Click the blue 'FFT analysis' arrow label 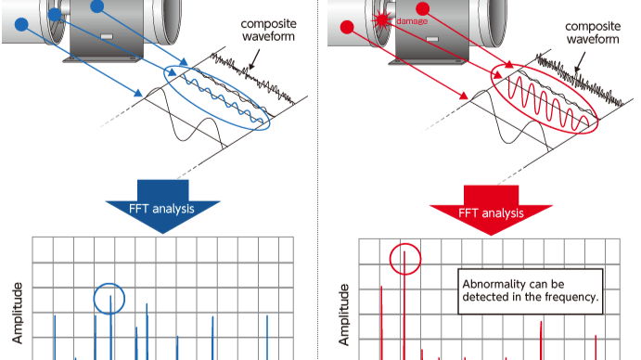pyautogui.click(x=161, y=209)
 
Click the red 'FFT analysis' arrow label pyautogui.click(x=491, y=212)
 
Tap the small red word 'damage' pyautogui.click(x=412, y=21)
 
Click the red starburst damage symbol pyautogui.click(x=382, y=20)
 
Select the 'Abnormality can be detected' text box pyautogui.click(x=531, y=291)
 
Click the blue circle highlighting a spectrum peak pyautogui.click(x=109, y=284)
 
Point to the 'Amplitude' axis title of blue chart pyautogui.click(x=18, y=313)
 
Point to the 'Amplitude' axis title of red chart pyautogui.click(x=344, y=315)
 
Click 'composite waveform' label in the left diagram pyautogui.click(x=269, y=31)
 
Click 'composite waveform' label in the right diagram pyautogui.click(x=593, y=32)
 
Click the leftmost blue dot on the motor pyautogui.click(x=21, y=24)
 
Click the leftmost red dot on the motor pyautogui.click(x=347, y=28)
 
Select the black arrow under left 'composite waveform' pyautogui.click(x=255, y=59)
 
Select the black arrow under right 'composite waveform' pyautogui.click(x=579, y=62)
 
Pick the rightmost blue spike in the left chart pyautogui.click(x=267, y=338)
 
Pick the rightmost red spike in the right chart pyautogui.click(x=596, y=348)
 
